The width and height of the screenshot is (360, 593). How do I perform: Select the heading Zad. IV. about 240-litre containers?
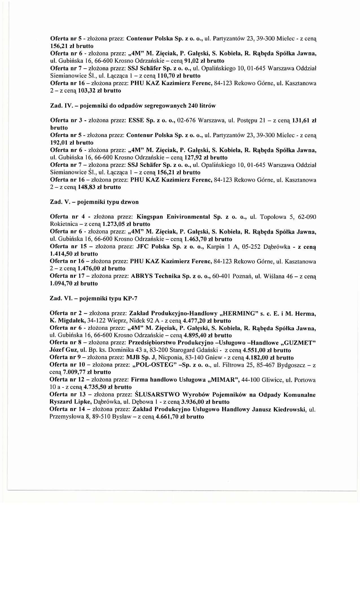tap(133, 106)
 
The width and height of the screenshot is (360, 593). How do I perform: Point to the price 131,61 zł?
tap(304, 121)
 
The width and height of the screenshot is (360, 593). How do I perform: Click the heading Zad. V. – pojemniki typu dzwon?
tap(94, 202)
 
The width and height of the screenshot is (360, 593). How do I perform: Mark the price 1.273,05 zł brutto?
tap(126, 224)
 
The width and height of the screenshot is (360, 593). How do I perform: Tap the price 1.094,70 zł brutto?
tap(74, 284)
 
